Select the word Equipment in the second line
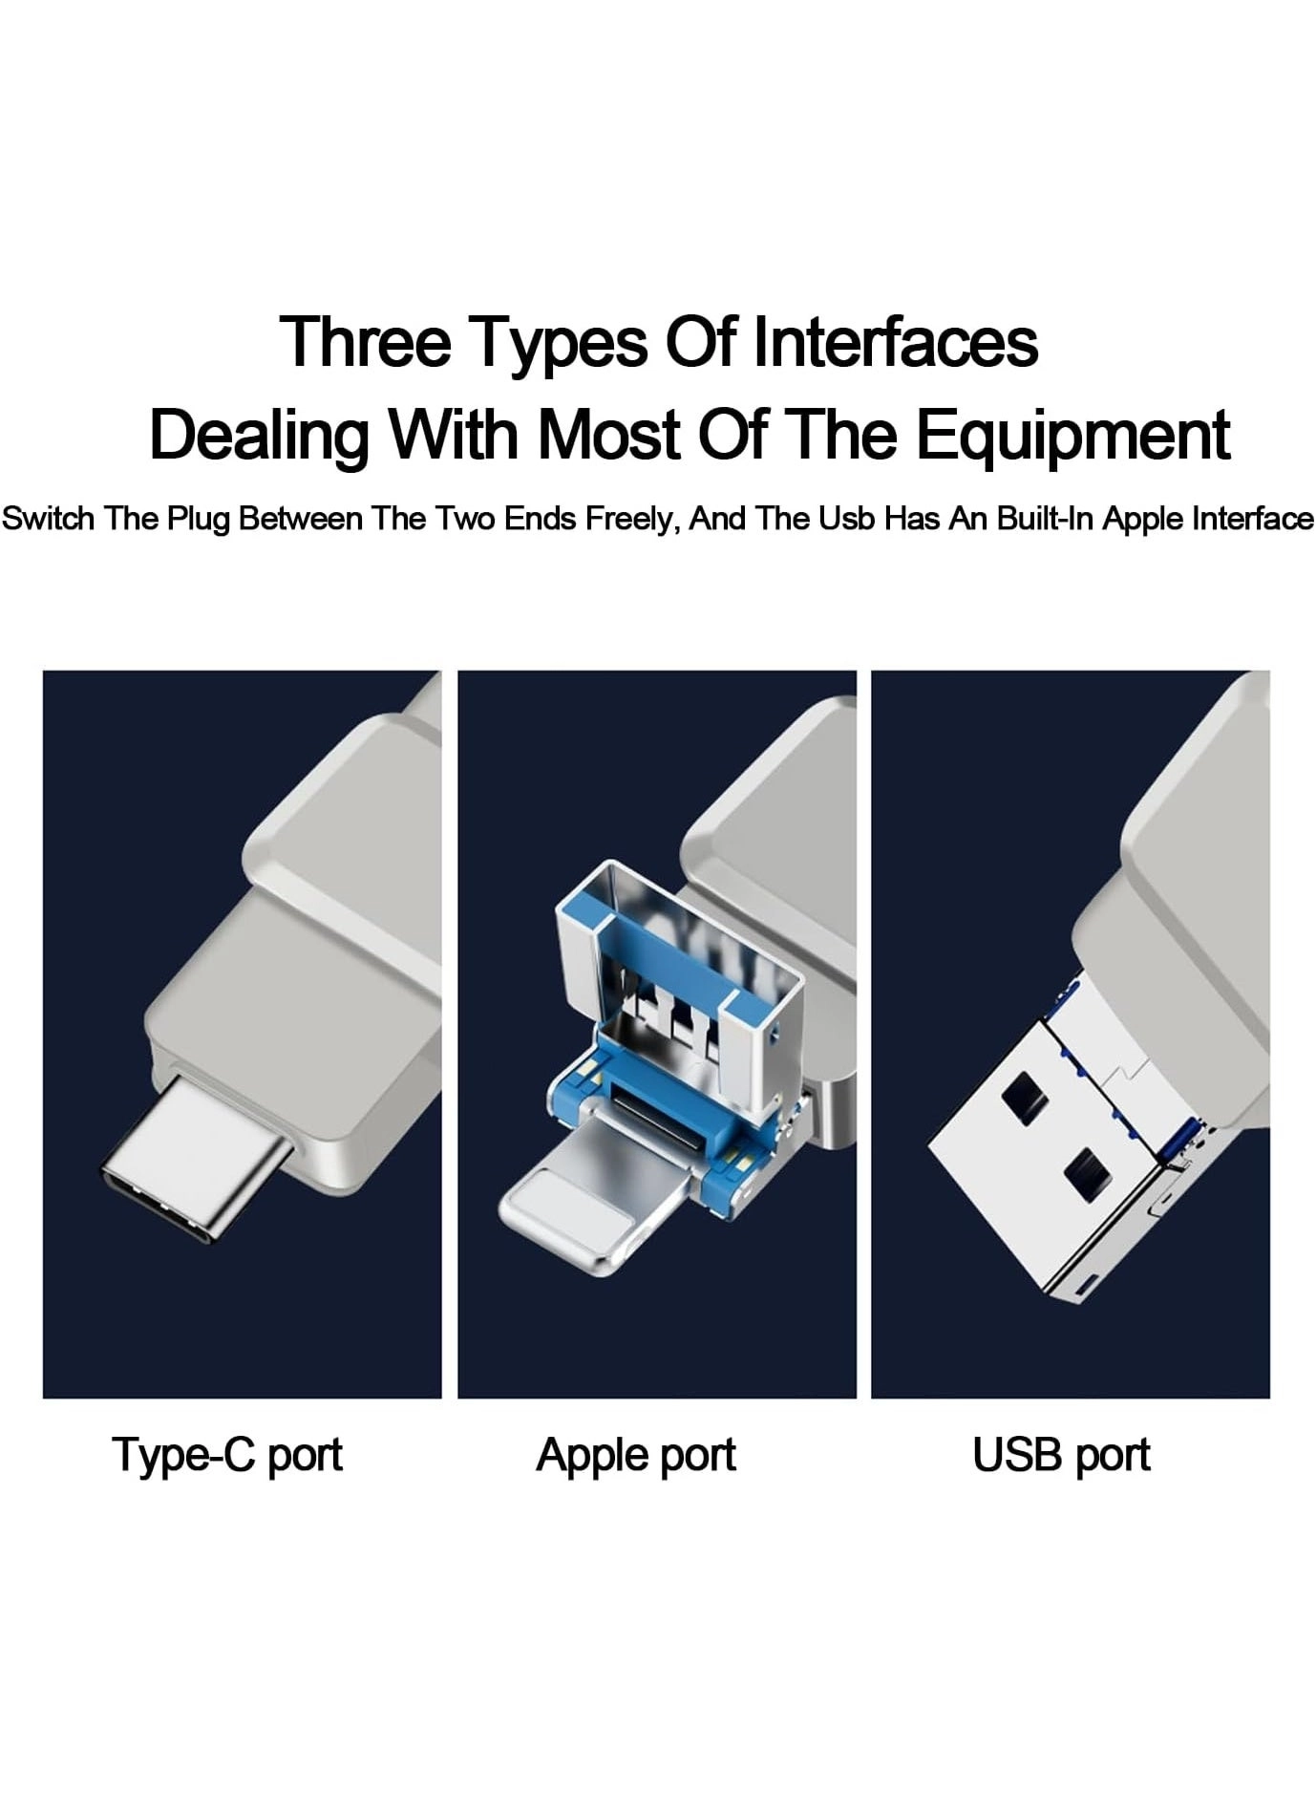point(1073,435)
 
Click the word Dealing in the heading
point(259,437)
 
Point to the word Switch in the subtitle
point(49,519)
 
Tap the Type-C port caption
point(227,1455)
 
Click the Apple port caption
point(636,1455)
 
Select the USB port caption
point(1061,1455)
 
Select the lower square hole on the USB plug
point(1087,1173)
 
